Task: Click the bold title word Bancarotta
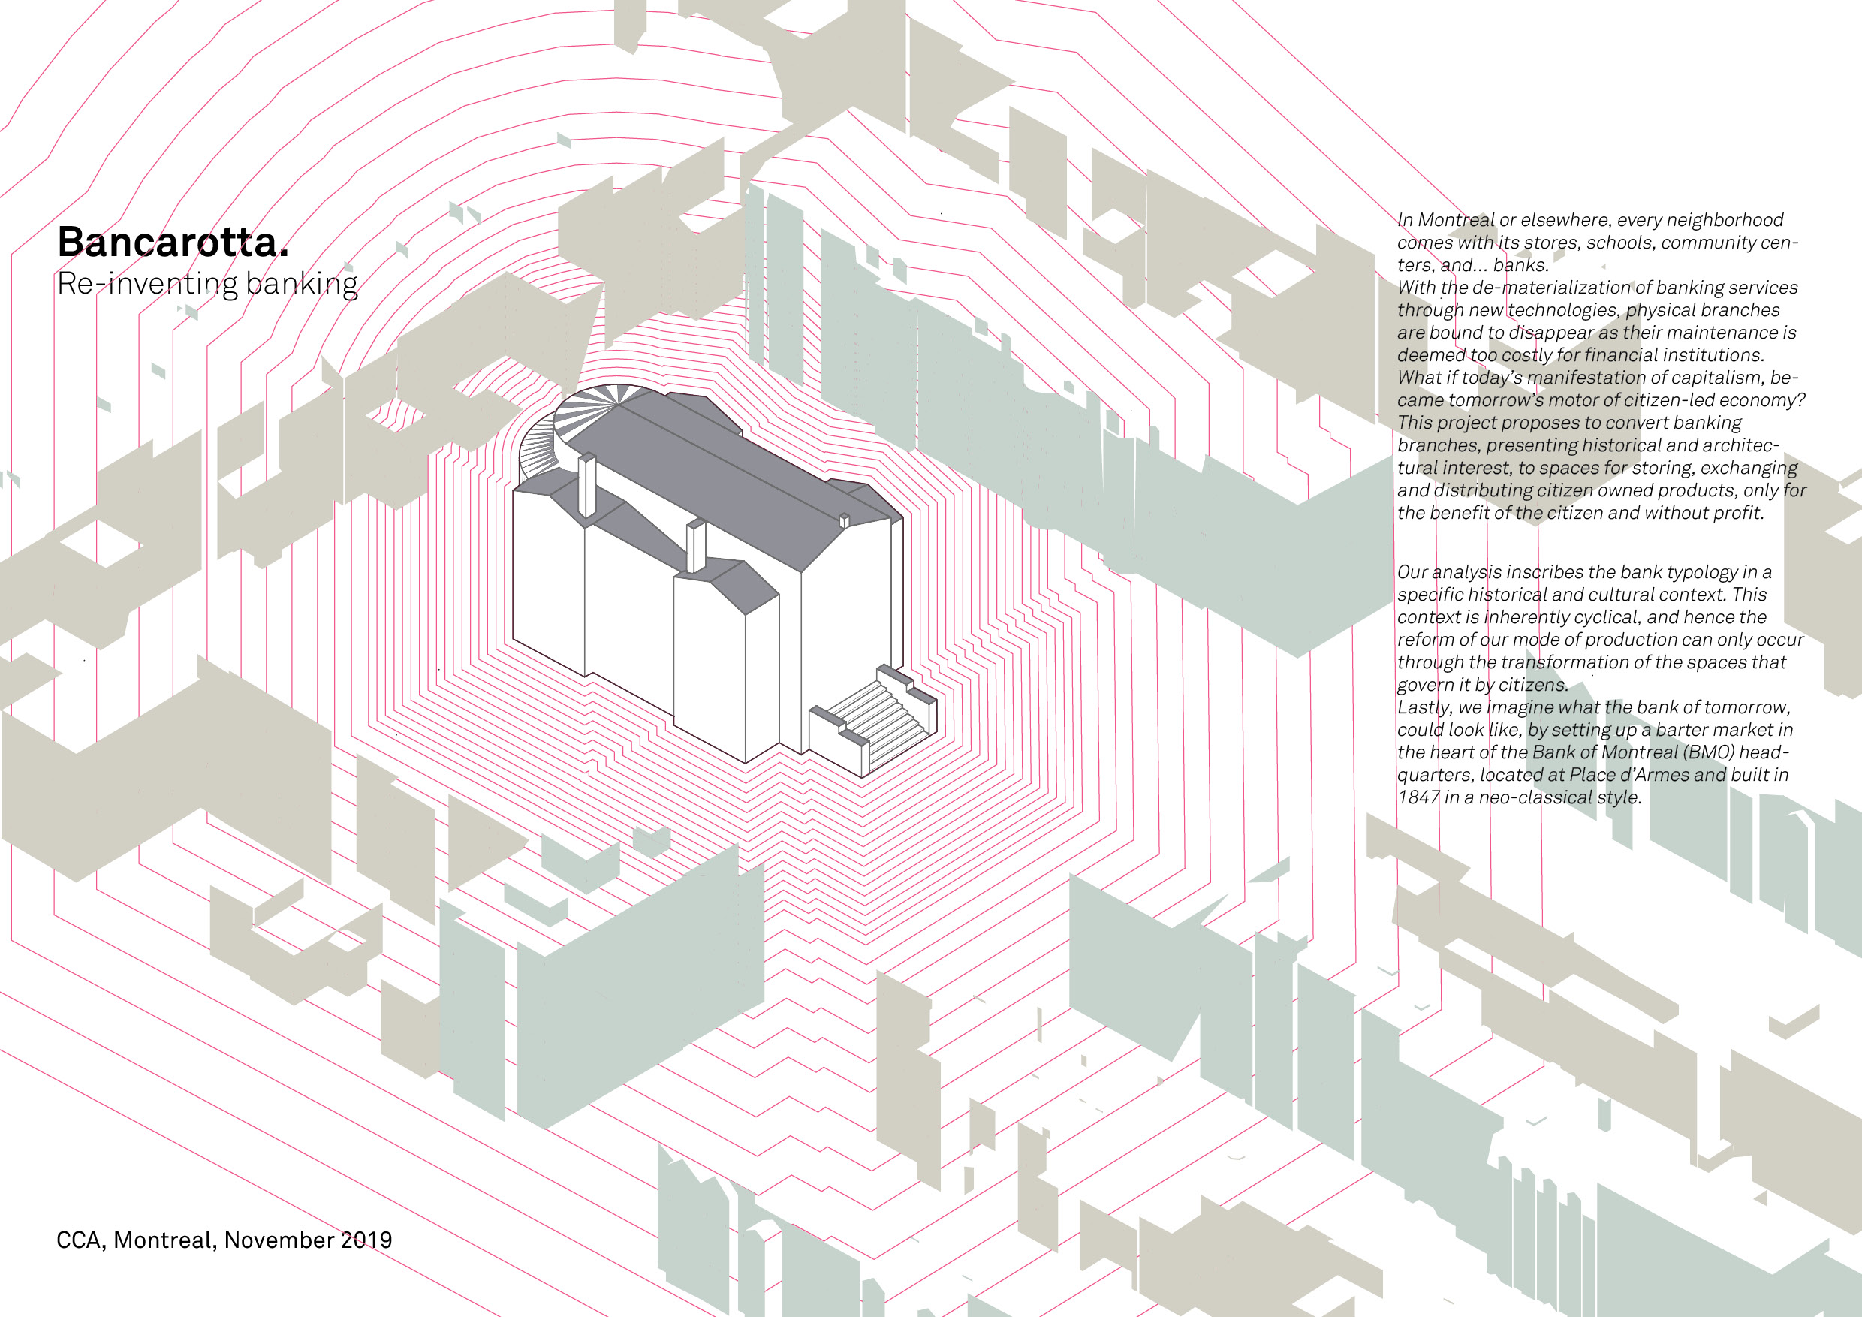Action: pyautogui.click(x=172, y=242)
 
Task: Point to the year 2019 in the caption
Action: pyautogui.click(x=366, y=1240)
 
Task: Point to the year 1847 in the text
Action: pyautogui.click(x=1418, y=797)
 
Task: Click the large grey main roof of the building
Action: pyautogui.click(x=714, y=478)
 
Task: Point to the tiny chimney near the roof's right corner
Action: pyautogui.click(x=843, y=520)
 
